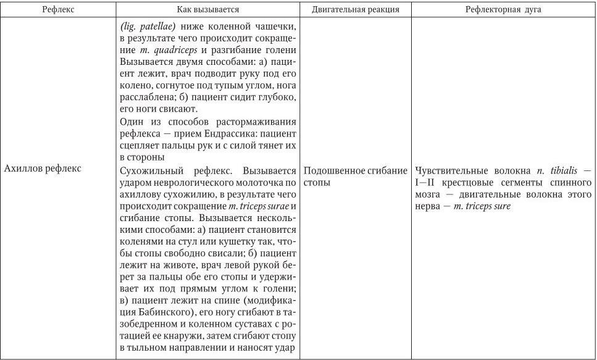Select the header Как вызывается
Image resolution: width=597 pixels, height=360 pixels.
[x=207, y=10]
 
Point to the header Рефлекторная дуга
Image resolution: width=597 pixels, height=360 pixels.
[x=503, y=10]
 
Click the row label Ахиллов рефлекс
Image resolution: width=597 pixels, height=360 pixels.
[x=42, y=169]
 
